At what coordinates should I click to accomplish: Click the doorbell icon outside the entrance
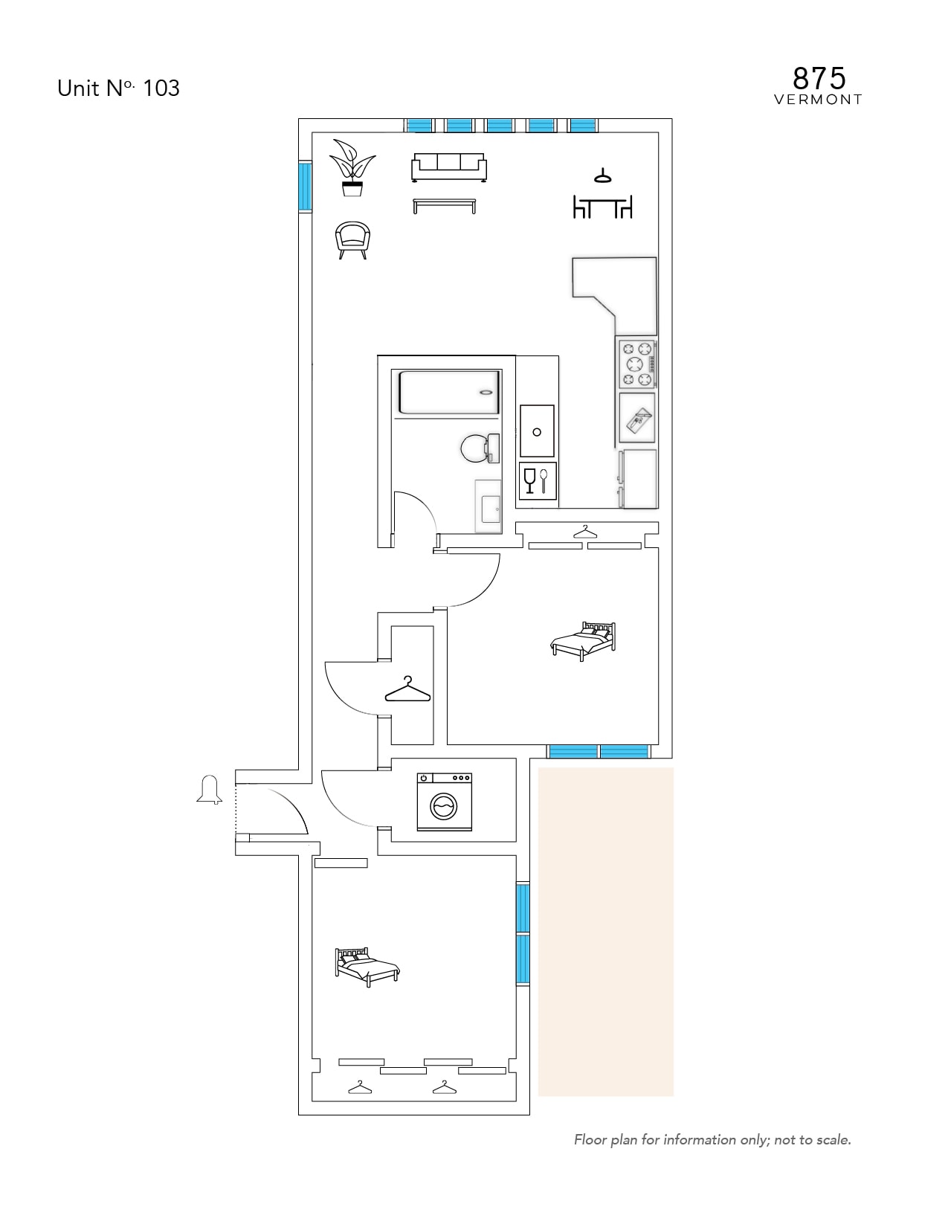(x=209, y=790)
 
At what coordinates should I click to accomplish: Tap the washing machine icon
(x=445, y=802)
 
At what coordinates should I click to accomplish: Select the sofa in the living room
(x=449, y=168)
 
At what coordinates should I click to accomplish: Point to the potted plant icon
(x=352, y=168)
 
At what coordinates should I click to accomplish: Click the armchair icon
(x=353, y=240)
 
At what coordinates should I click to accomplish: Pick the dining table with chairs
(x=603, y=207)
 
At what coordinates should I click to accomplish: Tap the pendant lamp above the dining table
(x=603, y=176)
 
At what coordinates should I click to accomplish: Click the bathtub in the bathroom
(x=449, y=393)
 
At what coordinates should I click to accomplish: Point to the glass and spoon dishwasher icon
(x=538, y=481)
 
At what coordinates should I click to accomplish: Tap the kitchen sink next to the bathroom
(x=537, y=431)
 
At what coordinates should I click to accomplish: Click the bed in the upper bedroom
(x=583, y=640)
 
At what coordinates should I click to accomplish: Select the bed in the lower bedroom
(x=367, y=967)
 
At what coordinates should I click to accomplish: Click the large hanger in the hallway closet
(x=407, y=689)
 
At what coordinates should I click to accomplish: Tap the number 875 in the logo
(x=819, y=79)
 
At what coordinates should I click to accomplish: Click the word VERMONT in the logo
(x=818, y=100)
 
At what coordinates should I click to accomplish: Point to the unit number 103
(x=161, y=88)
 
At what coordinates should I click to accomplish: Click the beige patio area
(x=606, y=932)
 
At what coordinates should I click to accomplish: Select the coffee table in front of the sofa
(x=445, y=205)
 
